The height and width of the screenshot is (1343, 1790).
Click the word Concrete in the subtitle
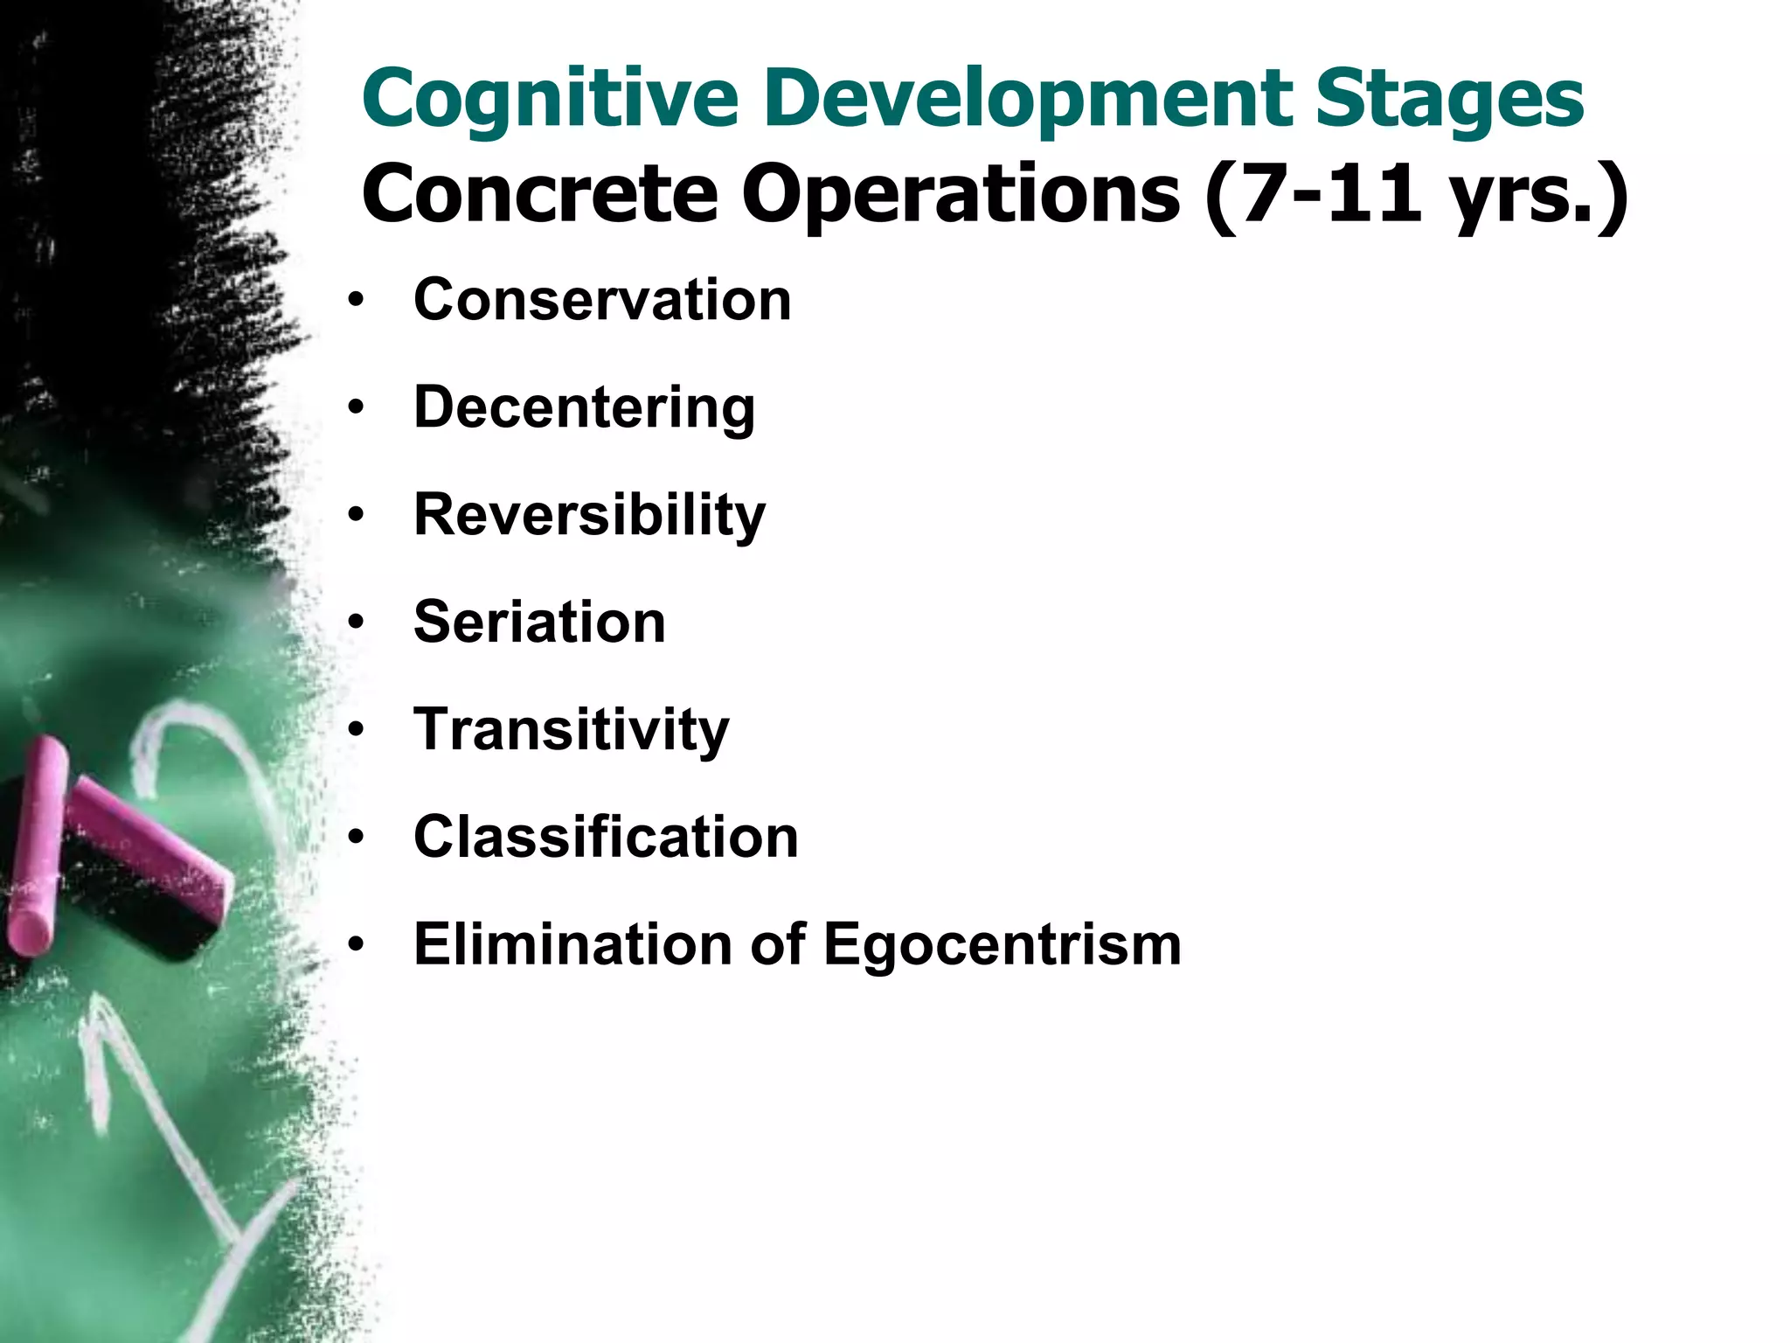(539, 193)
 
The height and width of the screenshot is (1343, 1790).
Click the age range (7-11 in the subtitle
(1311, 193)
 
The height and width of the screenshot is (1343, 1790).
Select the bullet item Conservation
(602, 300)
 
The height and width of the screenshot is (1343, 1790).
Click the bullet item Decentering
(584, 407)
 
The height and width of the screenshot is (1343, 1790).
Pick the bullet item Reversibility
(589, 515)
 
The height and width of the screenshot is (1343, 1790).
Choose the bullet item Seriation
(539, 623)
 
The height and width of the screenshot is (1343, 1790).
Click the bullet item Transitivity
(571, 730)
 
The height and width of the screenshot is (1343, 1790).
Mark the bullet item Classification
(606, 837)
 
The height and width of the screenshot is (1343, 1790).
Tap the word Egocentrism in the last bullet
(1002, 944)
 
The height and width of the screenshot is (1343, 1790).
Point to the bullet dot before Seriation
(354, 623)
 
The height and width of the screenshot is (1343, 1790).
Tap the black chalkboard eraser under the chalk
(140, 909)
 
